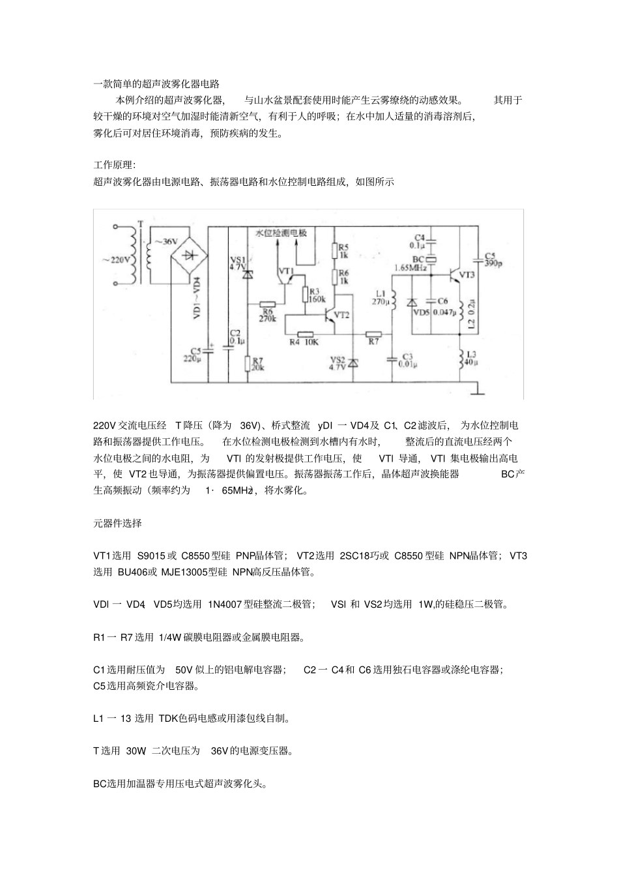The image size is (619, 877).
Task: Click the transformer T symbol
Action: pos(141,255)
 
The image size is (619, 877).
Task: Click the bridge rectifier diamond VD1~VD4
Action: pos(192,256)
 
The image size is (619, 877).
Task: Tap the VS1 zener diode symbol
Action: pos(247,275)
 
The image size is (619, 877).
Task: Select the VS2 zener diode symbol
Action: pos(353,362)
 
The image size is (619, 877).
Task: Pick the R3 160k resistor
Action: pos(304,295)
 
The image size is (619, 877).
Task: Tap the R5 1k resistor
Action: pos(334,250)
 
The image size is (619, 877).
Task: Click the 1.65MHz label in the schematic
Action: pos(410,268)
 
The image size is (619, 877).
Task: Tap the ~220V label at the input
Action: pos(117,260)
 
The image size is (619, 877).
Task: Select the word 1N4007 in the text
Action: pos(225,604)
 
